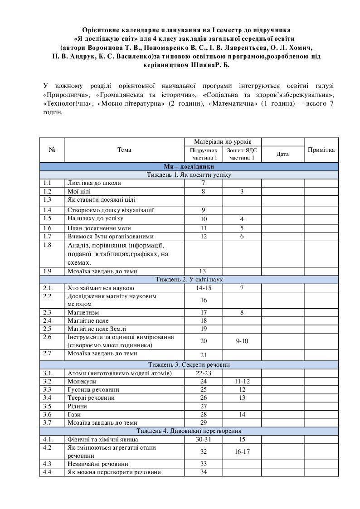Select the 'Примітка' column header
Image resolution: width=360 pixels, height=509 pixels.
(321, 150)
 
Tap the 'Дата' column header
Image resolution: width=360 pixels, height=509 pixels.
(282, 154)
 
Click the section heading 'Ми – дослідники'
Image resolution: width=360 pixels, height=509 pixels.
(189, 167)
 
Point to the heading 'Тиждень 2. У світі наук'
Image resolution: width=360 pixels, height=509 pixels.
(189, 279)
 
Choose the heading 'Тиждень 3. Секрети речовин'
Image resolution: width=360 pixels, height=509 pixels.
(189, 364)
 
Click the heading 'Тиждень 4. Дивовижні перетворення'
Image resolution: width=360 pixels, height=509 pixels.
(189, 431)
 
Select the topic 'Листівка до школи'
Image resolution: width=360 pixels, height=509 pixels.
(94, 183)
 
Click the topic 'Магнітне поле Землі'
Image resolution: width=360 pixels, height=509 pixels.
(93, 329)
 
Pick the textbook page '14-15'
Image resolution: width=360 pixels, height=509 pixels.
(204, 288)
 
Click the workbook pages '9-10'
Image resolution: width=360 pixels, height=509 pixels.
(242, 340)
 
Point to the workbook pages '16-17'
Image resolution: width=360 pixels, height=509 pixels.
(242, 451)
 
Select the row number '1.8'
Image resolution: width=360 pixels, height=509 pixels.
(47, 245)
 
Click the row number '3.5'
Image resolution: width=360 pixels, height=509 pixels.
(47, 406)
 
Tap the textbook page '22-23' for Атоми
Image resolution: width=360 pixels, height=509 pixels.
(204, 373)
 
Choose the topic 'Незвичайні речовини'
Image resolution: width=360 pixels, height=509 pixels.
(97, 464)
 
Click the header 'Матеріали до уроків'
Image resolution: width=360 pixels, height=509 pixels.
(223, 142)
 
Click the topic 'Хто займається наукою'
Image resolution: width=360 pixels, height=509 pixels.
(100, 288)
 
